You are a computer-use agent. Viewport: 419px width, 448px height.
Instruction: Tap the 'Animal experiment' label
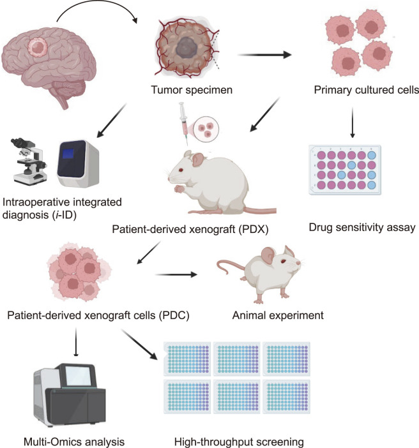(269, 314)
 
